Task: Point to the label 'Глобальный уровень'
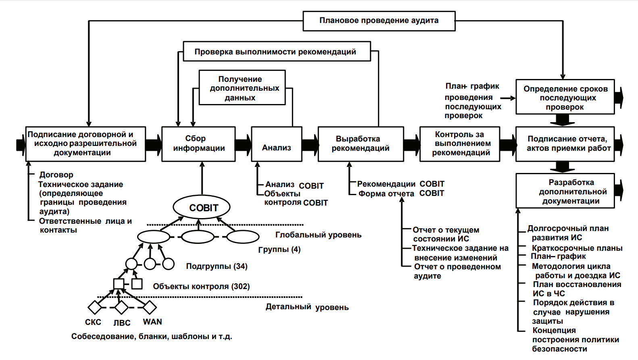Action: click(318, 235)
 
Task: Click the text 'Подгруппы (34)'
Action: click(217, 266)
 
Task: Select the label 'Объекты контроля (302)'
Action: click(201, 286)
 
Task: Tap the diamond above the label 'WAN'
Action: click(150, 308)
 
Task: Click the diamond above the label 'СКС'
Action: click(95, 308)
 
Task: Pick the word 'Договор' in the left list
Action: click(56, 175)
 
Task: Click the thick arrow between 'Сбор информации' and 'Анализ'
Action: click(243, 144)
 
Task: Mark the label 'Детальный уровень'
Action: click(307, 307)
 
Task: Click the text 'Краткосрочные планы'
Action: click(577, 248)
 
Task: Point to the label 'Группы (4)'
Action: click(279, 250)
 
